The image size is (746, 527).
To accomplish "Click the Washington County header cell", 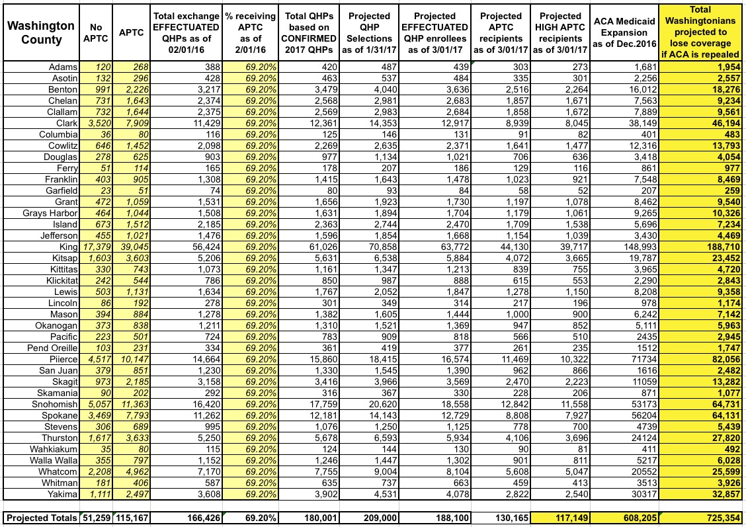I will pyautogui.click(x=41, y=32).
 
